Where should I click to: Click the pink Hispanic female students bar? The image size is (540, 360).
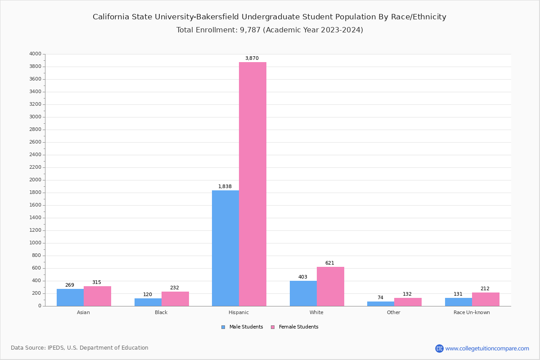[252, 184]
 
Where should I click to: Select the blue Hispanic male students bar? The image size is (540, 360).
[225, 248]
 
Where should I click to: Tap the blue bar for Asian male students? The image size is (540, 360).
[70, 297]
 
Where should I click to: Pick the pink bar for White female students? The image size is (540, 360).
[330, 286]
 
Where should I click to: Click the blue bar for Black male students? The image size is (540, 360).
[148, 302]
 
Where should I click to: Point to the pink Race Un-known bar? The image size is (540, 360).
[486, 299]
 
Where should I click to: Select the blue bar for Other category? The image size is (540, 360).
[381, 304]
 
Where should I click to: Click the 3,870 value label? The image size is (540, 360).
[252, 58]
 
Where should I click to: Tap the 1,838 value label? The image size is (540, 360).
[225, 186]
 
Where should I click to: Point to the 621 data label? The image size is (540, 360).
[330, 263]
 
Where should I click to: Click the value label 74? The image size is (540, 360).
[380, 297]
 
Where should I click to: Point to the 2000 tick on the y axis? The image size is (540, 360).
[35, 180]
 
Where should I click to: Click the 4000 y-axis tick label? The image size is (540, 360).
[35, 54]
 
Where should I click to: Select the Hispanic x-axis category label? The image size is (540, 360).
[238, 312]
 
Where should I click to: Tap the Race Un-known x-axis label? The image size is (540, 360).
[472, 312]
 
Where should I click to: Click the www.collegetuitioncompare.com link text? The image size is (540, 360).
[487, 348]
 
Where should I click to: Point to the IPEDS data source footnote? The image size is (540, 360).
[80, 348]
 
